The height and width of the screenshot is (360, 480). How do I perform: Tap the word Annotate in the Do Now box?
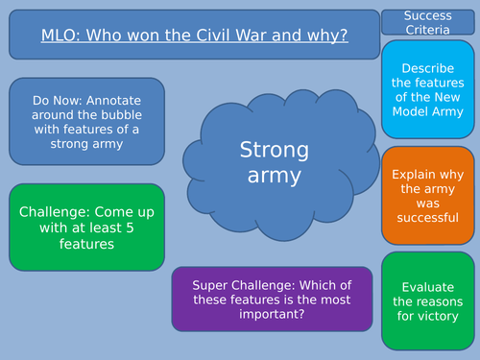(x=116, y=99)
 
